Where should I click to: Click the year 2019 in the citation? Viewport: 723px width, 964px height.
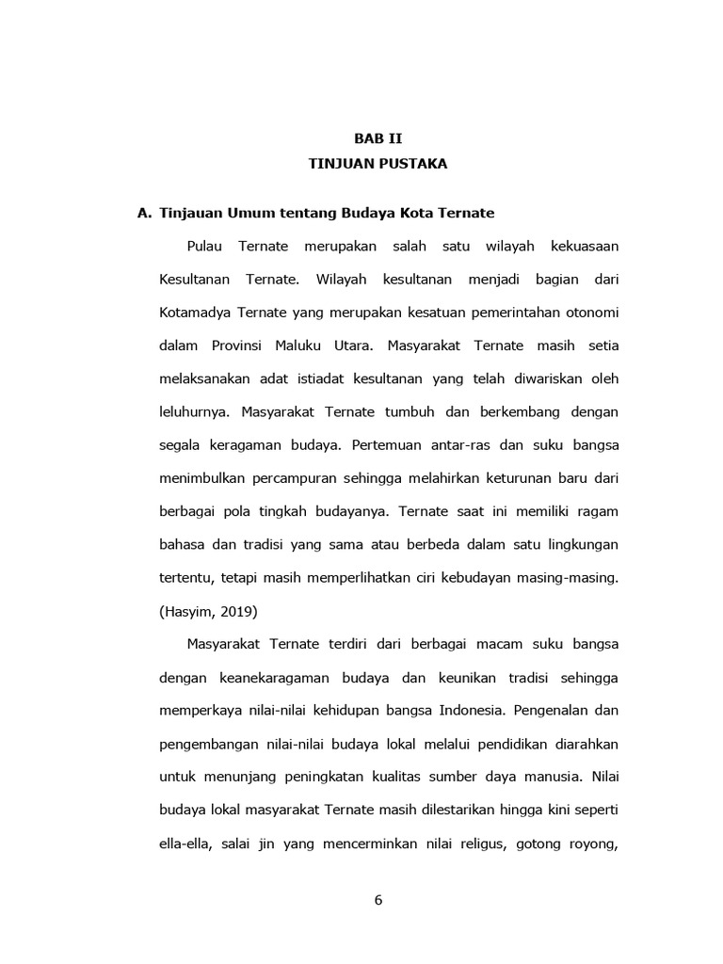pos(238,610)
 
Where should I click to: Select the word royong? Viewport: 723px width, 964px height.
pos(591,843)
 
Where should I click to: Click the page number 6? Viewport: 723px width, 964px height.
pos(378,899)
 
